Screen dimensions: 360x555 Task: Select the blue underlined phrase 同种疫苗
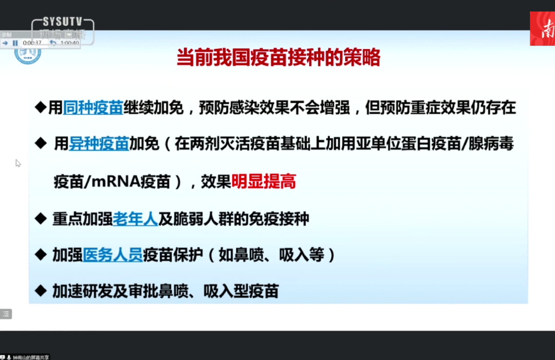[x=92, y=108]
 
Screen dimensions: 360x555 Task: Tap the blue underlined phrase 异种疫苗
[x=99, y=144]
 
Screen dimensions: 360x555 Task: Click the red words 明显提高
[x=264, y=182]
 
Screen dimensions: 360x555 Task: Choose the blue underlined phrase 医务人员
[x=113, y=255]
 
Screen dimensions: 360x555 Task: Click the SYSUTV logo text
[x=62, y=22]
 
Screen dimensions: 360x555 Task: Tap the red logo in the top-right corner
[x=543, y=29]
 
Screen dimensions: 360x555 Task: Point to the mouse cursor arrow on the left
[x=18, y=163]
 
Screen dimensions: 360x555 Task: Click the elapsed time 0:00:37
[x=32, y=43]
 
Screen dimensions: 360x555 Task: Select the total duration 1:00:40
[x=69, y=43]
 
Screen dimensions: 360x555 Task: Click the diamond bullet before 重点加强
[x=41, y=219]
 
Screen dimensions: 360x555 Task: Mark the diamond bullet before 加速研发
[x=41, y=291]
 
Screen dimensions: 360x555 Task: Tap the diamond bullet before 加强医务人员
[x=41, y=255]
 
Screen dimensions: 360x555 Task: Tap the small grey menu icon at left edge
[x=6, y=314]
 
